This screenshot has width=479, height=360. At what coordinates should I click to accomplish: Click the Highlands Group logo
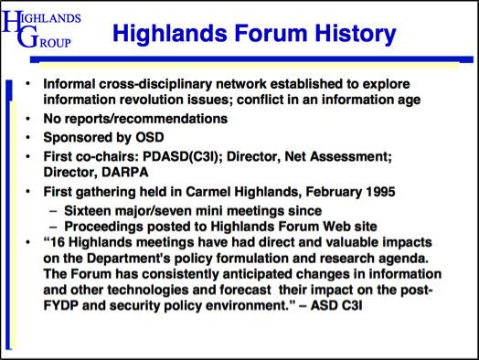point(41,29)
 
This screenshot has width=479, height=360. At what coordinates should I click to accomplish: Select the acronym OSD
point(150,137)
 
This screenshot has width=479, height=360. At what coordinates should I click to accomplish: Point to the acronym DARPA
point(125,172)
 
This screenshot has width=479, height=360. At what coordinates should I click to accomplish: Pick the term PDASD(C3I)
point(183,156)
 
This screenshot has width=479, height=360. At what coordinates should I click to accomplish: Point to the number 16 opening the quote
point(57,242)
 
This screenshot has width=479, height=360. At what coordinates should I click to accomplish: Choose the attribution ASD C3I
point(336,306)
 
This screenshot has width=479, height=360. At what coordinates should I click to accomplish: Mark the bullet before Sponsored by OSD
point(28,137)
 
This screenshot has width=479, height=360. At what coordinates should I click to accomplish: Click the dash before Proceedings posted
point(53,228)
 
